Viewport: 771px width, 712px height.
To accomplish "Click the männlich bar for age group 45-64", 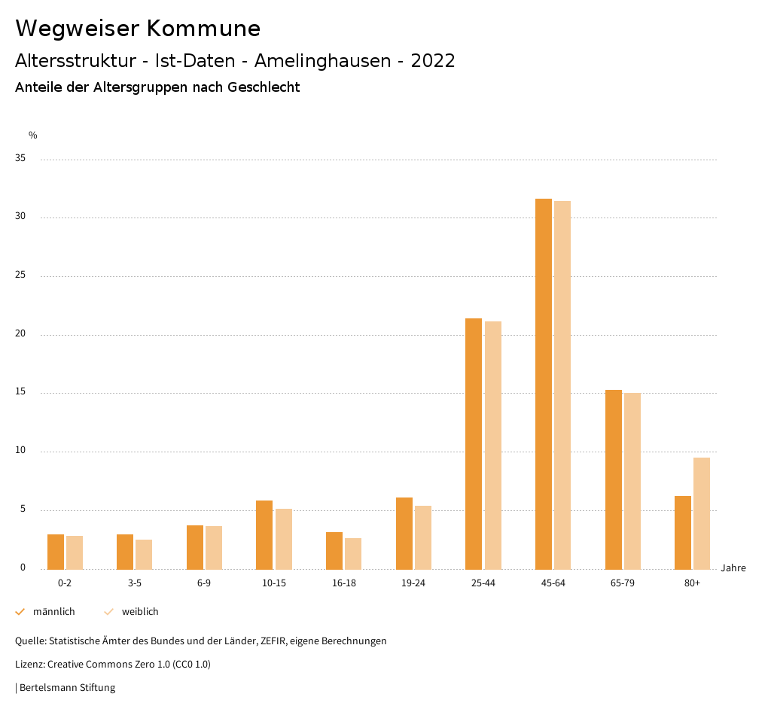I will pyautogui.click(x=544, y=384).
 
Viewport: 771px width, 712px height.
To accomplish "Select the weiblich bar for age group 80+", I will pyautogui.click(x=702, y=513).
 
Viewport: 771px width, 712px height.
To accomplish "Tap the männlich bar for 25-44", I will pyautogui.click(x=474, y=444).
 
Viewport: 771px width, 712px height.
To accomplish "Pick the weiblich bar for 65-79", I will pyautogui.click(x=632, y=481).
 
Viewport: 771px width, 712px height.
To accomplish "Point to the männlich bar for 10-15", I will pyautogui.click(x=264, y=535).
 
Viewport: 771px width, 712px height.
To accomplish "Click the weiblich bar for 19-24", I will pyautogui.click(x=423, y=537).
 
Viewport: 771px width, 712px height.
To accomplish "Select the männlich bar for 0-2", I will pyautogui.click(x=56, y=552).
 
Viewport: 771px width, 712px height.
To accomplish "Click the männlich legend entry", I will pyautogui.click(x=53, y=612).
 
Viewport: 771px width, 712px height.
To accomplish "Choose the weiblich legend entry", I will pyautogui.click(x=140, y=612).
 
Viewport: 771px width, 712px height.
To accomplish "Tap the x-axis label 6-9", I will pyautogui.click(x=204, y=583).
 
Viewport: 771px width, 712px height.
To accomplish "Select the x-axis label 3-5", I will pyautogui.click(x=134, y=583).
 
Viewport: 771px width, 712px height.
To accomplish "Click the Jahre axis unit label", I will pyautogui.click(x=733, y=568).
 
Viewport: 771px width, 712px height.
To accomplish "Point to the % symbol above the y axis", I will pyautogui.click(x=33, y=135).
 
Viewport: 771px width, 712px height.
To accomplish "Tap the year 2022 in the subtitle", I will pyautogui.click(x=432, y=61).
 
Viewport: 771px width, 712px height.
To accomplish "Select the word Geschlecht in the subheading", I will pyautogui.click(x=262, y=87).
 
